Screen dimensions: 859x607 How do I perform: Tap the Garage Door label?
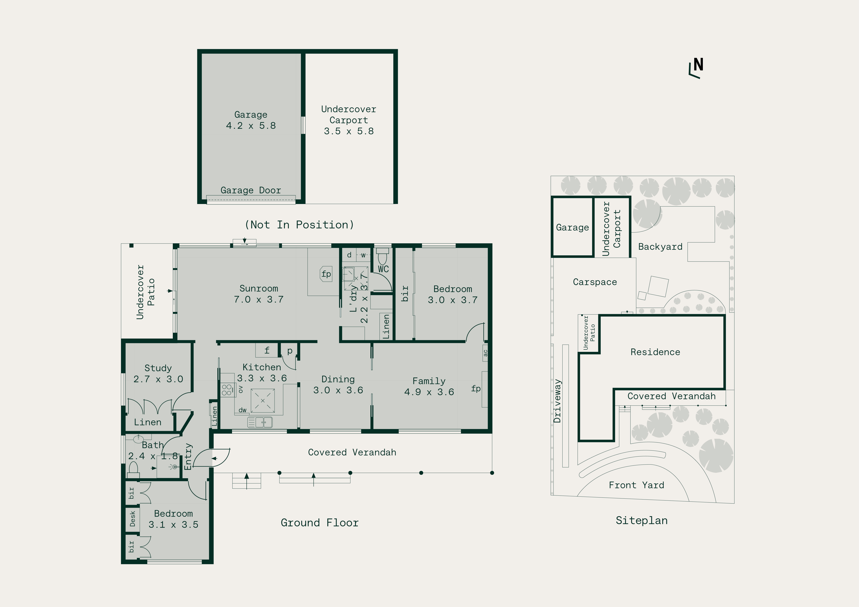pyautogui.click(x=251, y=190)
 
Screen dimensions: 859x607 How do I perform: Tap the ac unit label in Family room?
pyautogui.click(x=485, y=353)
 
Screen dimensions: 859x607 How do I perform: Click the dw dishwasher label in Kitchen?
pyautogui.click(x=242, y=410)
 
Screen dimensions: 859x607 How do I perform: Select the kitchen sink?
pyautogui.click(x=260, y=422)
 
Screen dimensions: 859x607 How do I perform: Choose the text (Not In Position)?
pyautogui.click(x=299, y=225)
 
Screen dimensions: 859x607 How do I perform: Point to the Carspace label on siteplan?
pyautogui.click(x=595, y=282)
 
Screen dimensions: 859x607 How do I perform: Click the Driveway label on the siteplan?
pyautogui.click(x=558, y=401)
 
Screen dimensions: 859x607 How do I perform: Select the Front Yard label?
pyautogui.click(x=636, y=485)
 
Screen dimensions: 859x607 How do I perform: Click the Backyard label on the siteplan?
pyautogui.click(x=660, y=247)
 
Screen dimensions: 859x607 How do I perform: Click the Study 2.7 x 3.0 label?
pyautogui.click(x=158, y=374)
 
